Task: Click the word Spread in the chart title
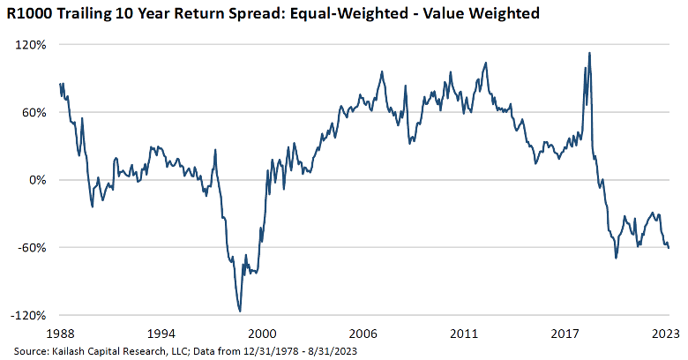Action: [266, 15]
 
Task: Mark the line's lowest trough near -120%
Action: [239, 311]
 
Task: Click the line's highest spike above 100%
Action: [589, 53]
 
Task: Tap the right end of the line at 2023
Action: [669, 248]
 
